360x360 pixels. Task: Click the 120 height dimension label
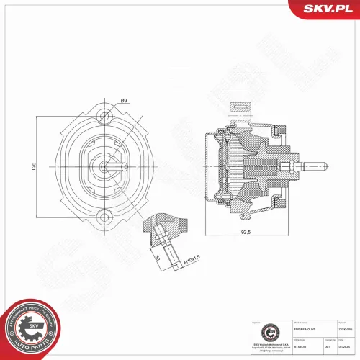point(33,166)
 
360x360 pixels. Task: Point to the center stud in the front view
point(106,166)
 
